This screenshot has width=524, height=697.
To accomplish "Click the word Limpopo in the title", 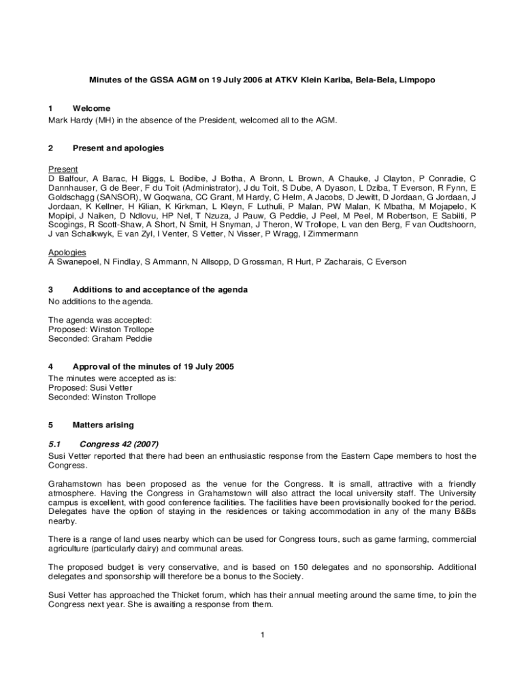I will point(416,80).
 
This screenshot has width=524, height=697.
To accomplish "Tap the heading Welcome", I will point(91,108).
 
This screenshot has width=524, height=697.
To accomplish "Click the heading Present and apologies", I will point(118,148).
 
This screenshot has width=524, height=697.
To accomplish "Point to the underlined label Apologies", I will point(67,252).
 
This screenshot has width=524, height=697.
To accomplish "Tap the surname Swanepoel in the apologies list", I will point(76,261).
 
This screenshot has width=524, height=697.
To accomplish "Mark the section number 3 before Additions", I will point(50,289).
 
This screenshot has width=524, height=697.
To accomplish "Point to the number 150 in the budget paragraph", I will point(301,567).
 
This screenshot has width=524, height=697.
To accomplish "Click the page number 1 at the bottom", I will point(262,635).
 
